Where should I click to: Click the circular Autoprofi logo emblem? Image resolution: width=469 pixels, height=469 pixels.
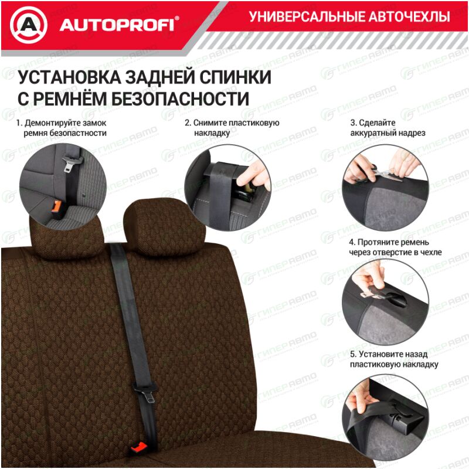pos(28,25)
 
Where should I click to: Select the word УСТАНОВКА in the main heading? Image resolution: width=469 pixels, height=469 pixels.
pos(69,77)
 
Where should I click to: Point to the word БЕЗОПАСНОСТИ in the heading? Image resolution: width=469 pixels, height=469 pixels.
pos(181,98)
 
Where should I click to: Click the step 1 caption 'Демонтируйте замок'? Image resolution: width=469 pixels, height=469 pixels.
pos(61,123)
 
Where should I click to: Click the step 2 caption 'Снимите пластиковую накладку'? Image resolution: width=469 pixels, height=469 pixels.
pos(232,128)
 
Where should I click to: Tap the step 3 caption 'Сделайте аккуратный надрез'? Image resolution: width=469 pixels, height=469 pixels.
pos(388,128)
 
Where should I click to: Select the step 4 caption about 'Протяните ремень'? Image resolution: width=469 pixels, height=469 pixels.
pos(395,247)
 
